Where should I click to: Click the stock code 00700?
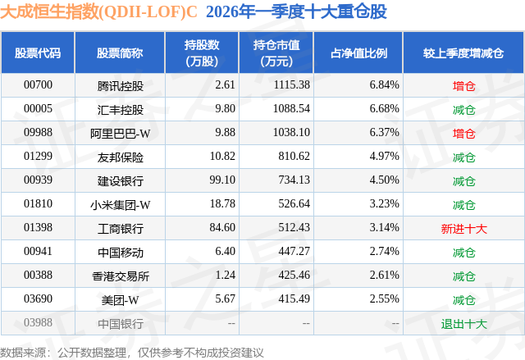[x=38, y=84]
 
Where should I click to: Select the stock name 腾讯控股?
[x=120, y=84]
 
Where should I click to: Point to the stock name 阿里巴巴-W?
[x=120, y=132]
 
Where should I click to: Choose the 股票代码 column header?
[x=38, y=53]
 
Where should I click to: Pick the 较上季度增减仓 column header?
[x=463, y=53]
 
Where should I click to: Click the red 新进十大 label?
[x=463, y=228]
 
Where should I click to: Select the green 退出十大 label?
[x=463, y=323]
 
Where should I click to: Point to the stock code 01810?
[x=38, y=204]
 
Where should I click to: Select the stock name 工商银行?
[x=120, y=228]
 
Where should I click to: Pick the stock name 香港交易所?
[x=120, y=276]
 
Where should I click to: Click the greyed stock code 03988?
[x=38, y=323]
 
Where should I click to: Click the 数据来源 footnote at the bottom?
[x=131, y=351]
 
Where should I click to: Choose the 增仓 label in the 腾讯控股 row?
[x=463, y=84]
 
